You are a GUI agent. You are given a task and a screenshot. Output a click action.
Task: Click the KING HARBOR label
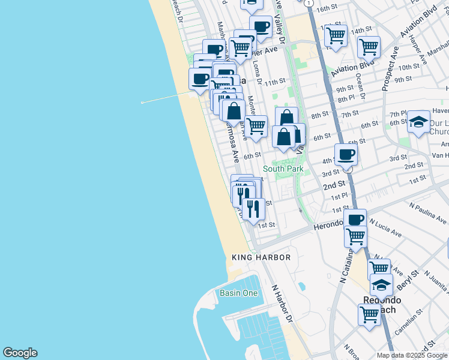coord(261,257)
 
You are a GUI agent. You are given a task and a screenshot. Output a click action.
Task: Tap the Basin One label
coord(238,293)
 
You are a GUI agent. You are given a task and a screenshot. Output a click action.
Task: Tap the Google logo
coord(20,353)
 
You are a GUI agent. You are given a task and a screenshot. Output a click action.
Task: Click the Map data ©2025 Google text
coord(412,355)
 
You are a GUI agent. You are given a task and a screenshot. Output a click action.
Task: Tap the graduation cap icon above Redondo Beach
coord(381,285)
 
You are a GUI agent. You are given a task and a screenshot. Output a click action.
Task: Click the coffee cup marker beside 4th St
coord(346,155)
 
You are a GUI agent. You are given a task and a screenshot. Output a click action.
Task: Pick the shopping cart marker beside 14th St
coord(336,35)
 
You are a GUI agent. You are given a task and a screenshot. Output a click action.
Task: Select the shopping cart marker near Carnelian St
coord(369,314)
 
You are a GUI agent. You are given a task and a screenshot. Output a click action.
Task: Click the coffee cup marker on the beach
coord(200,79)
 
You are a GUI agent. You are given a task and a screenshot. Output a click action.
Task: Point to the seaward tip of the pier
coord(142,103)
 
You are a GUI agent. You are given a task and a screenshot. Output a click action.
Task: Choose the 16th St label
coord(328,9)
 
